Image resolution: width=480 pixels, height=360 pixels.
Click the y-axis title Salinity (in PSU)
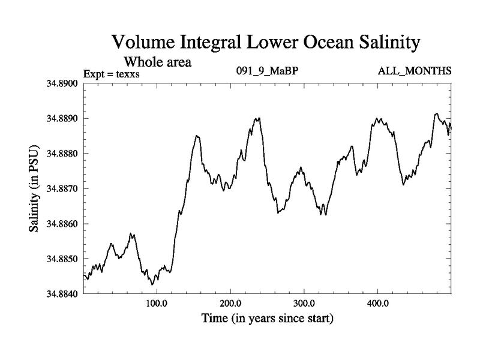click(x=33, y=188)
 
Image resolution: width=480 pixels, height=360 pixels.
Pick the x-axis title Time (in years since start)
click(x=267, y=319)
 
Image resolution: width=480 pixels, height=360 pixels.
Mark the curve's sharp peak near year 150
click(x=196, y=136)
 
